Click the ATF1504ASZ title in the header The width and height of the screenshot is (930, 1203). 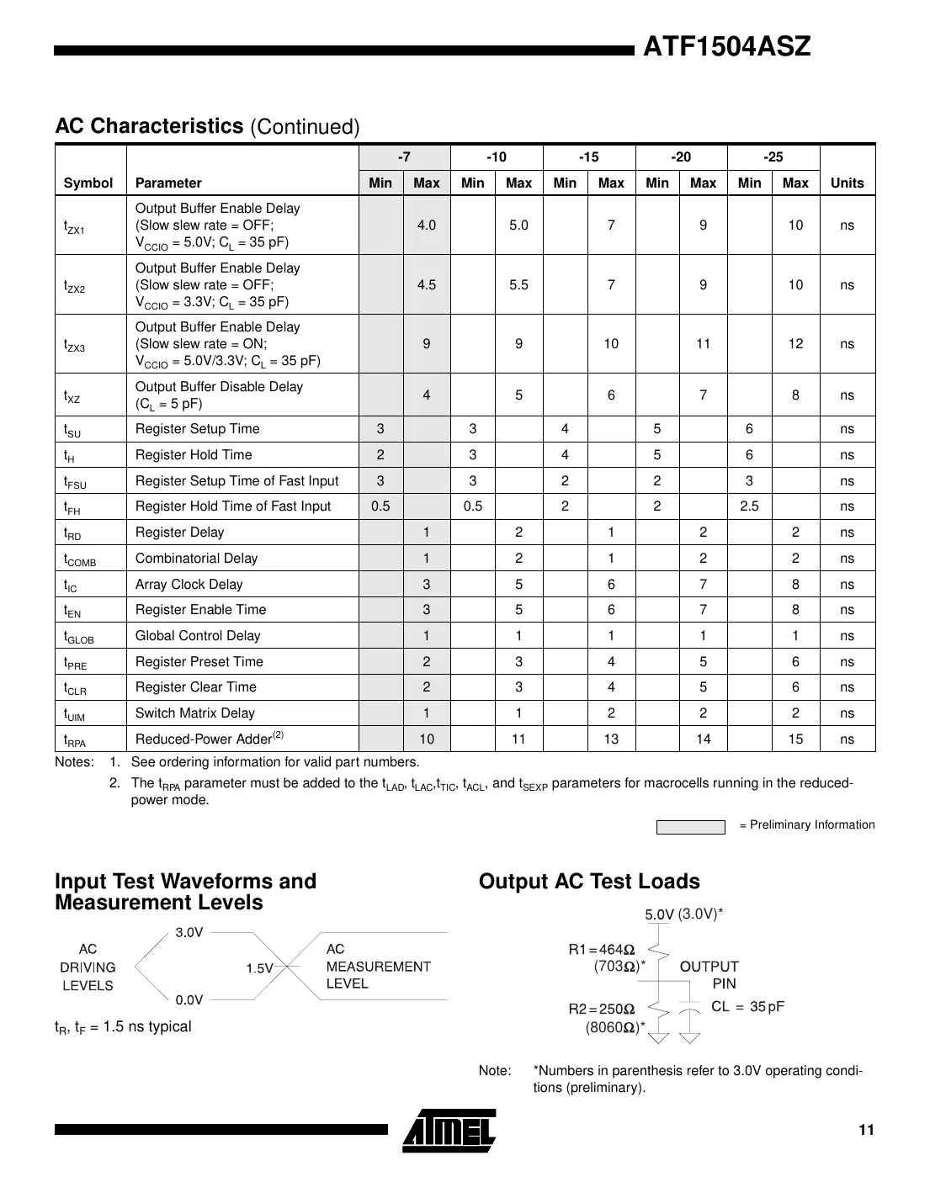(726, 47)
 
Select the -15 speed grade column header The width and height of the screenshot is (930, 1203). (588, 157)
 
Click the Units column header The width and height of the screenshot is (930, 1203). (847, 183)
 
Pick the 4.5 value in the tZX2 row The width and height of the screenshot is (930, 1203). (427, 285)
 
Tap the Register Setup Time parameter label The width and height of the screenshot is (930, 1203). (197, 429)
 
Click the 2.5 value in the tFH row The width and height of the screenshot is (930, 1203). (749, 506)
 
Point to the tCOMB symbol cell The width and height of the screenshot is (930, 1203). (80, 559)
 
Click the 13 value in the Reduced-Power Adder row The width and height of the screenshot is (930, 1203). (611, 739)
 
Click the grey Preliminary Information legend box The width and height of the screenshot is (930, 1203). (690, 827)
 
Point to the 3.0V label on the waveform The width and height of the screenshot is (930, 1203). (189, 932)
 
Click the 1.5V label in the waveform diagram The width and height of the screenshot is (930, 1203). (260, 968)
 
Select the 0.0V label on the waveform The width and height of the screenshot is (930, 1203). (189, 1000)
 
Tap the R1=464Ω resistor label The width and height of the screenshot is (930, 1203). (602, 950)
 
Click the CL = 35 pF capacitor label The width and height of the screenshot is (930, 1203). (747, 1007)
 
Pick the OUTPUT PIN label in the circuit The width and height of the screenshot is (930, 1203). (709, 975)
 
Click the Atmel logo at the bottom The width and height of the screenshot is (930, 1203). (449, 1130)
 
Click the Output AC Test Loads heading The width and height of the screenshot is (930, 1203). (589, 882)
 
